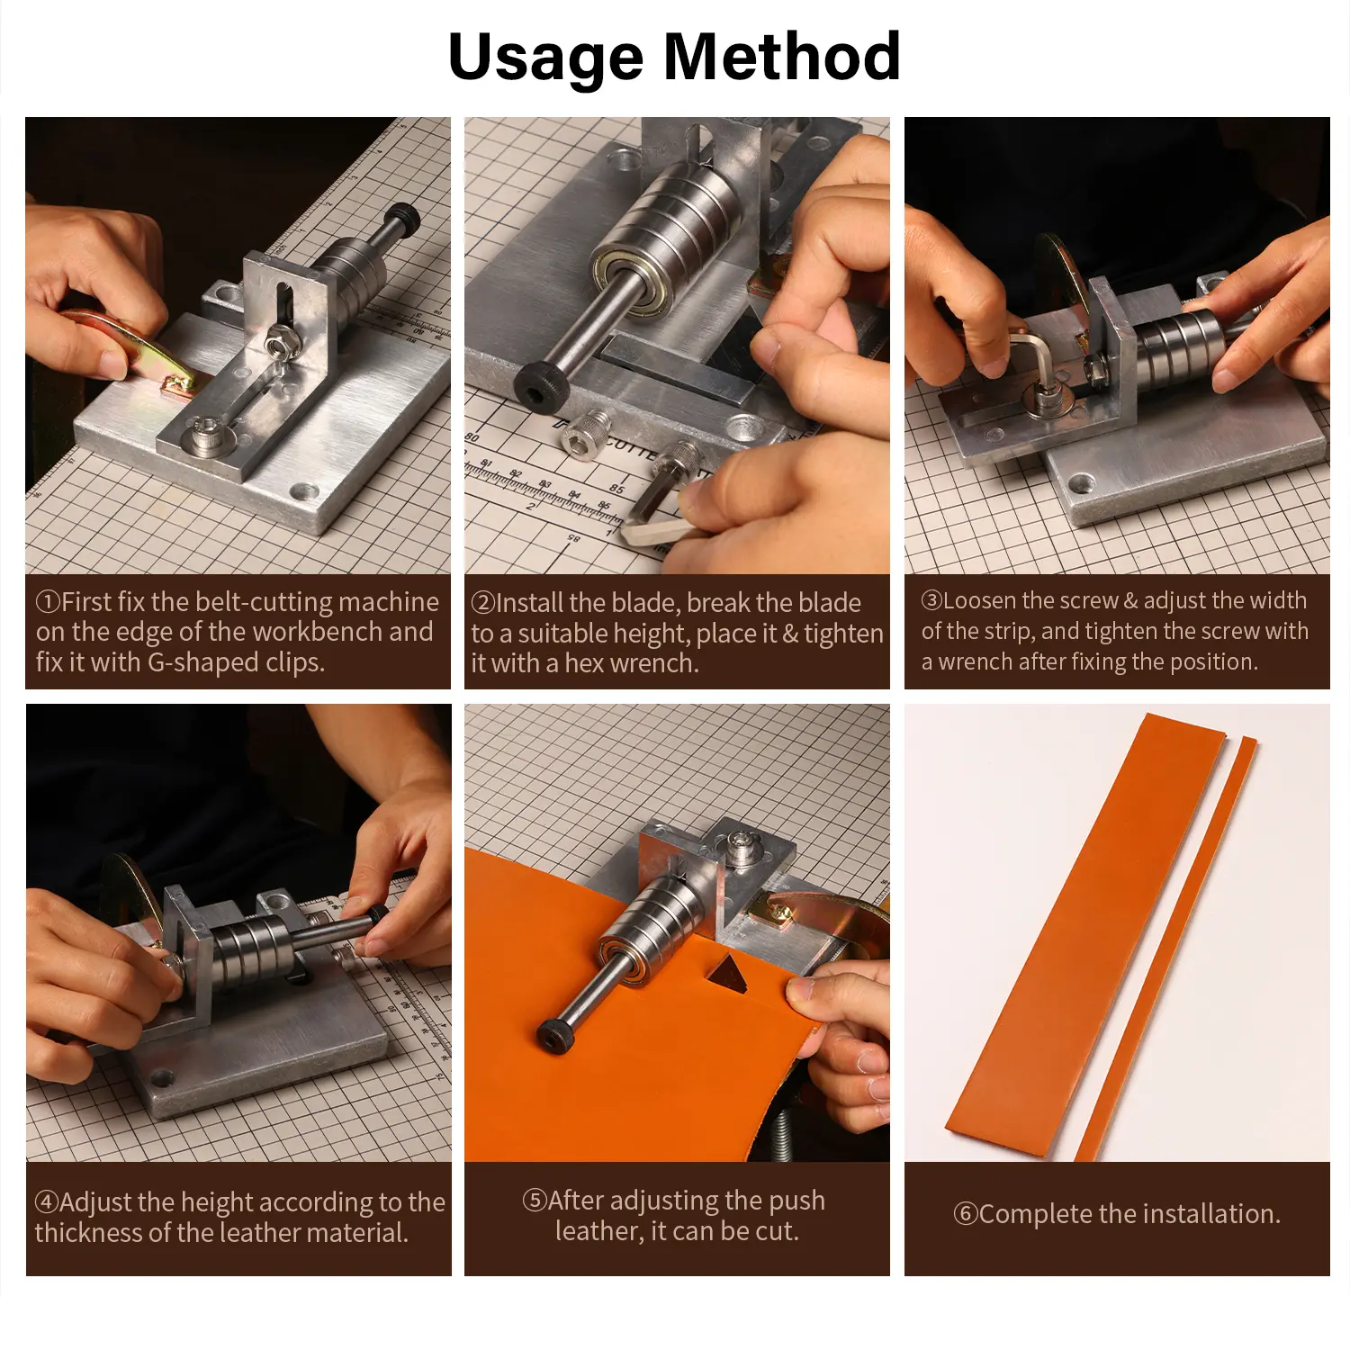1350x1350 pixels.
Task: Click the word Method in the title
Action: tap(782, 57)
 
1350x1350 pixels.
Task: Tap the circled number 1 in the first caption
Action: tap(48, 601)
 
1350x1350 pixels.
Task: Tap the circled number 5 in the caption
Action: tap(535, 1201)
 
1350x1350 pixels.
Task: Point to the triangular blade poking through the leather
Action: tap(725, 975)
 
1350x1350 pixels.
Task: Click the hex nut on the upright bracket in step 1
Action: tap(278, 342)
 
